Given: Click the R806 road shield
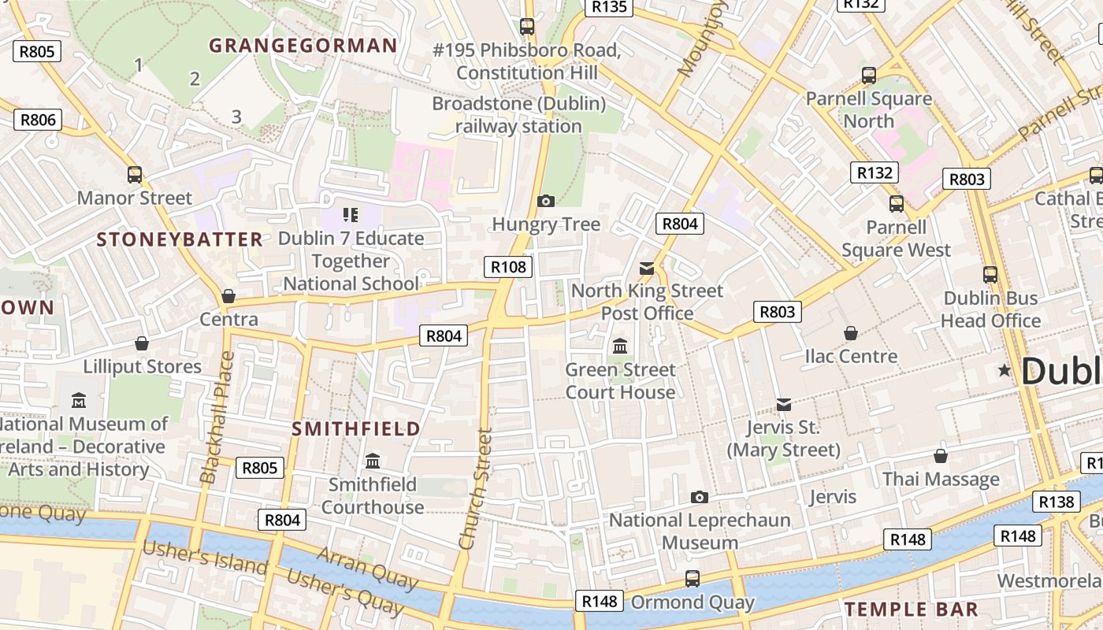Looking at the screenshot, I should tap(38, 120).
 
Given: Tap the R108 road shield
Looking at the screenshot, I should tap(508, 267).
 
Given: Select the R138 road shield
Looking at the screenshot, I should tap(1057, 502).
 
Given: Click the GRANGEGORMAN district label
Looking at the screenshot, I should tap(303, 46).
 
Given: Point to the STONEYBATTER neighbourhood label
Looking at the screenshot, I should tap(180, 239).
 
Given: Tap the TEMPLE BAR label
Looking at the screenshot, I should tap(911, 609).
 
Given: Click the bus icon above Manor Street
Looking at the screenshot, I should tap(135, 175).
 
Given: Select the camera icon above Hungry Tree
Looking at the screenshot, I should tap(545, 202).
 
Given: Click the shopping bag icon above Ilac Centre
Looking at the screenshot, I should tap(850, 333).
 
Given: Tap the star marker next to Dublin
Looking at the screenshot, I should tap(1005, 370).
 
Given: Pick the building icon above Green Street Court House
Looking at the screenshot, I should tap(620, 346).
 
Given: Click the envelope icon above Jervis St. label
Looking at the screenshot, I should tap(783, 405).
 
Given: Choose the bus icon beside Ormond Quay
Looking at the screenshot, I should tap(693, 579).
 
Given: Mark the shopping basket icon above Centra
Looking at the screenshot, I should tap(228, 296).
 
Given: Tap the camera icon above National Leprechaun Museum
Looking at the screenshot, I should tap(699, 497).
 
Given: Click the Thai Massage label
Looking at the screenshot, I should tap(941, 479).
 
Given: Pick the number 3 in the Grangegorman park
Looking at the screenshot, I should tap(236, 117).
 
